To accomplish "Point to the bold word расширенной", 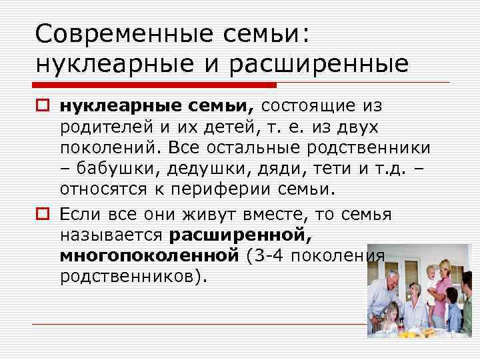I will click(x=241, y=235).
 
